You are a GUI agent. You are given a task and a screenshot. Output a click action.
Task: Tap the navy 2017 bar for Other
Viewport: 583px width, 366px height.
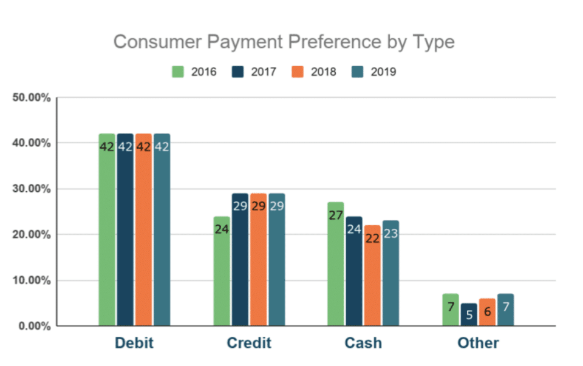click(468, 315)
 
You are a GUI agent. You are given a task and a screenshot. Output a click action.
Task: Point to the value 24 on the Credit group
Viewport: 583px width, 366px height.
click(222, 229)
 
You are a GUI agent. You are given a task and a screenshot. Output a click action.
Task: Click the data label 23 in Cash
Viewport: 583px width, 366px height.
click(390, 233)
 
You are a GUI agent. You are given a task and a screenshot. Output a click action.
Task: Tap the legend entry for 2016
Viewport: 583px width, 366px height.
click(196, 72)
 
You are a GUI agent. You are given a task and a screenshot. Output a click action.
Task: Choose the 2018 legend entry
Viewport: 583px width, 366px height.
click(315, 72)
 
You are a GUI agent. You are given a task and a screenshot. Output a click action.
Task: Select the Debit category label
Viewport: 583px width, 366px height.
click(134, 343)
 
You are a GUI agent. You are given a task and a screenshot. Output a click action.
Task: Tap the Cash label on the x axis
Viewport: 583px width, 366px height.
click(363, 343)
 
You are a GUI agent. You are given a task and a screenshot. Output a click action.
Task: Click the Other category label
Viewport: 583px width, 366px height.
click(478, 343)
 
